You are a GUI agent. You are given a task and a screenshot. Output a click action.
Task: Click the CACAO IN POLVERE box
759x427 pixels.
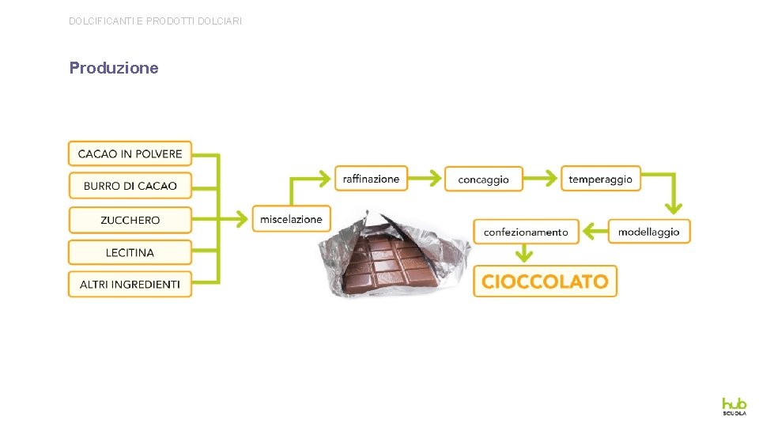[130, 153]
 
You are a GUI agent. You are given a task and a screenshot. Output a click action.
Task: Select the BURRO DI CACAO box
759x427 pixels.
[130, 186]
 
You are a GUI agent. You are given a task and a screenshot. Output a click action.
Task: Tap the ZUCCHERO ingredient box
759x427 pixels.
[130, 220]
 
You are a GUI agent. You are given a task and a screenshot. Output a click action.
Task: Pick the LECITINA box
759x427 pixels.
[130, 252]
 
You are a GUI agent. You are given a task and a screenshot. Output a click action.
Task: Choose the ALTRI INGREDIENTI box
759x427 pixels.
[130, 284]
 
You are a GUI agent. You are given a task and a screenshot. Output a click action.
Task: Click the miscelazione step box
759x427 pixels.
[291, 219]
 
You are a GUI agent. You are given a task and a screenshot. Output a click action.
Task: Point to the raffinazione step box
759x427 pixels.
[371, 179]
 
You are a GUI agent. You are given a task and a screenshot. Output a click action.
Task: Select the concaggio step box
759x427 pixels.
[483, 179]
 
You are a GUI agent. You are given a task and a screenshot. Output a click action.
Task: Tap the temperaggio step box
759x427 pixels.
[600, 179]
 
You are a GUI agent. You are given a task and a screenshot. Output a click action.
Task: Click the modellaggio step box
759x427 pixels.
[648, 232]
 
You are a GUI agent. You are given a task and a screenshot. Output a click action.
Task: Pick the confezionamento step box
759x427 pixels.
[526, 232]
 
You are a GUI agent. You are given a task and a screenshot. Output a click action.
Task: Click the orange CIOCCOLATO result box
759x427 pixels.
[545, 282]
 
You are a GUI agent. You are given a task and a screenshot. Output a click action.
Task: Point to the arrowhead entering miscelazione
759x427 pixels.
[244, 218]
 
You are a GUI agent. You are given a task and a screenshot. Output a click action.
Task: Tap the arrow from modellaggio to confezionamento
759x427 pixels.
[594, 232]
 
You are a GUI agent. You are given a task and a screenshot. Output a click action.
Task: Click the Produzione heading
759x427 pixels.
[114, 68]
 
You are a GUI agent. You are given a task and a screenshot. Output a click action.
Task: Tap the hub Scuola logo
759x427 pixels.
[733, 406]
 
